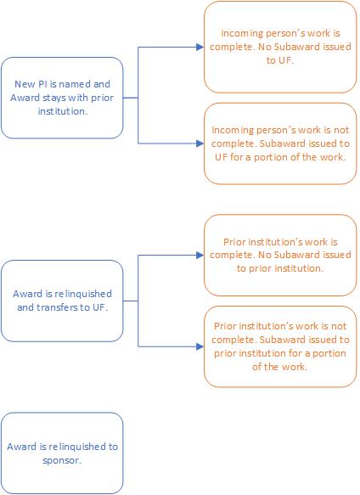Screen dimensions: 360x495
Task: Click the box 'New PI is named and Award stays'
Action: (62, 98)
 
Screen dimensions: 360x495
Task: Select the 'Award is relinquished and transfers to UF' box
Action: (62, 301)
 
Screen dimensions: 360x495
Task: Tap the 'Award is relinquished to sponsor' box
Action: (62, 453)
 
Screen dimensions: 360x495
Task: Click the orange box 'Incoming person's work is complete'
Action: (280, 47)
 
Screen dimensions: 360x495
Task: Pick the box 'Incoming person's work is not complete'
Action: (280, 143)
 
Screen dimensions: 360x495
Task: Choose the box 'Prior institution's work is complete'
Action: (280, 255)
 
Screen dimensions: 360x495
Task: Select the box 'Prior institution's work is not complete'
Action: (280, 346)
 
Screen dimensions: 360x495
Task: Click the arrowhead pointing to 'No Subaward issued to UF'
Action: (200, 47)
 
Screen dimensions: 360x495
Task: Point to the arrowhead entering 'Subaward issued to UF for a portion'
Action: (200, 143)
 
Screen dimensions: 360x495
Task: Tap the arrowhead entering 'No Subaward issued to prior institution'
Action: (200, 255)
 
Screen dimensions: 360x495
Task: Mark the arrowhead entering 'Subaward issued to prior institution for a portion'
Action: (200, 346)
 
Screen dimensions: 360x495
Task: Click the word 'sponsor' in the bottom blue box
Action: (62, 460)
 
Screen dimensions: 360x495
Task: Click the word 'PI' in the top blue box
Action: (42, 84)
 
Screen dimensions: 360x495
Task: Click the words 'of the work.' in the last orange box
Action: (280, 367)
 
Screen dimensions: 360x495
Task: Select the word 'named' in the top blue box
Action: (75, 84)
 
